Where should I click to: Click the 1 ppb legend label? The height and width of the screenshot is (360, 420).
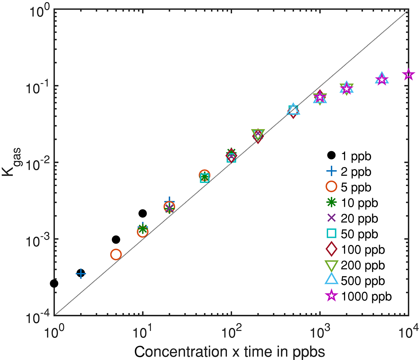pos(356,156)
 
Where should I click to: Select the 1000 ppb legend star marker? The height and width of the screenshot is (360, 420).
pos(331,296)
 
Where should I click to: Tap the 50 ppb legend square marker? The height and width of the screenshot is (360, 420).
pos(331,234)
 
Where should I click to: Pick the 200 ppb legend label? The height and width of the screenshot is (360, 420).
pos(363,265)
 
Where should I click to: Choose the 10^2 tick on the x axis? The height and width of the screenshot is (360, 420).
pos(231,315)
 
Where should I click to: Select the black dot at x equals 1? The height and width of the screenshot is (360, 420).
pos(54,283)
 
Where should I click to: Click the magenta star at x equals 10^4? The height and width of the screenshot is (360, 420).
pos(409,74)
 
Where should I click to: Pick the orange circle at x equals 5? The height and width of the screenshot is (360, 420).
pos(116,255)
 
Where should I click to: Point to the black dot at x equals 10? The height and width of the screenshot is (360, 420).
pos(143,213)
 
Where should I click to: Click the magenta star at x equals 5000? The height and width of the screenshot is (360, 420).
pos(382,80)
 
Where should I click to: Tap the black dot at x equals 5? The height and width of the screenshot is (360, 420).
pos(116,240)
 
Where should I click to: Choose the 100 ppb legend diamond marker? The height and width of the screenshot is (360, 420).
pos(331,249)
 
